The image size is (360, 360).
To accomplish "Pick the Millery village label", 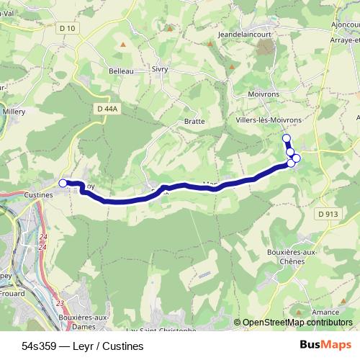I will pos(14,112).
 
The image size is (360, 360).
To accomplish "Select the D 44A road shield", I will pos(106,109).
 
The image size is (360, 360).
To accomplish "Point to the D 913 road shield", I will pos(328,214).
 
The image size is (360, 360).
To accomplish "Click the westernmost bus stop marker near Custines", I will pos(63,184).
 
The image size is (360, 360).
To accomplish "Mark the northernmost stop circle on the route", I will pos(287,138).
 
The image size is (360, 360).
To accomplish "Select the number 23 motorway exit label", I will pos(60,303).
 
